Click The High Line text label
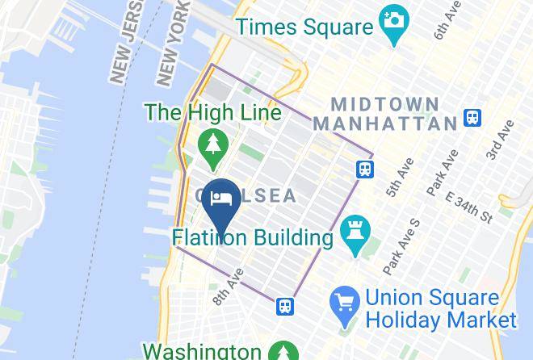point(214,112)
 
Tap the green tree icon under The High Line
point(213,146)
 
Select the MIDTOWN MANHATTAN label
point(384,114)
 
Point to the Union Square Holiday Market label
point(440,309)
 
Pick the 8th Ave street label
point(226,288)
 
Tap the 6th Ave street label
point(446,19)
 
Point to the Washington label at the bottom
point(201,351)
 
